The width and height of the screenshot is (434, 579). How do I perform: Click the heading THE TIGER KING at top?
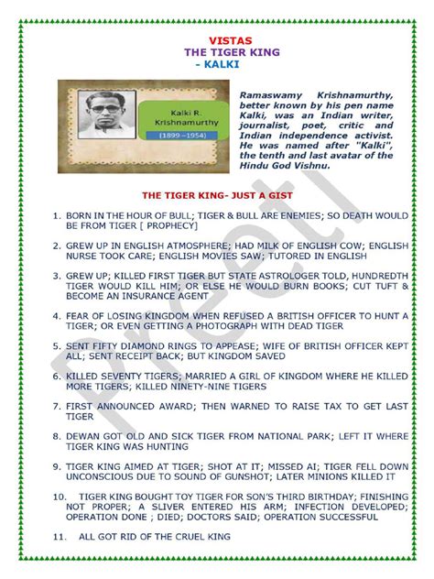[216, 53]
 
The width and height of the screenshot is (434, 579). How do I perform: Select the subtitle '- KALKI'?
[216, 66]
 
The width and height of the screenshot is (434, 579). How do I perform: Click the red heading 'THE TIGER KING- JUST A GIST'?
[216, 196]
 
